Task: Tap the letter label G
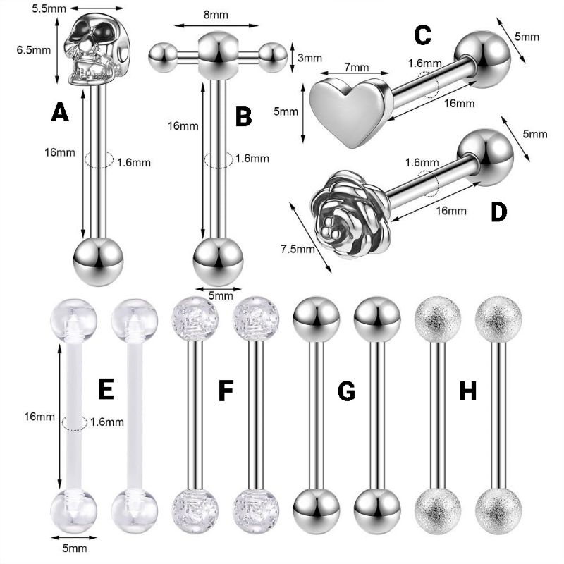click(346, 389)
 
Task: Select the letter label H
click(467, 389)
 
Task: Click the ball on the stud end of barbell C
click(482, 55)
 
